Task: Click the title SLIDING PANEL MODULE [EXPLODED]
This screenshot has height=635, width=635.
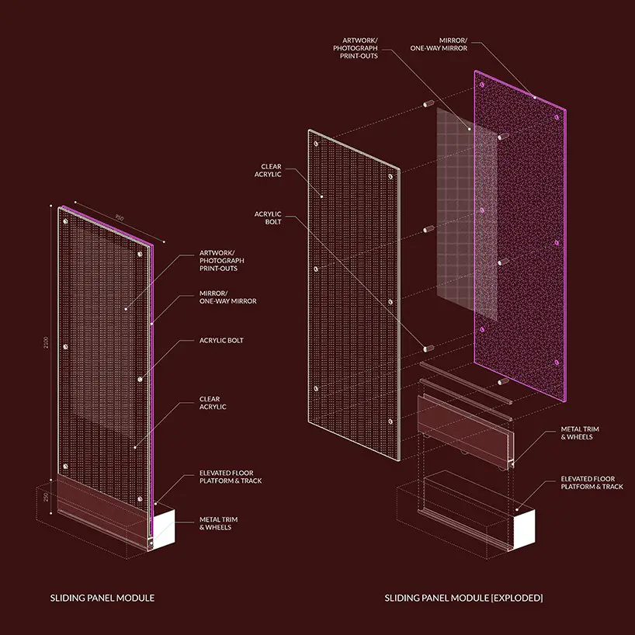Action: click(463, 598)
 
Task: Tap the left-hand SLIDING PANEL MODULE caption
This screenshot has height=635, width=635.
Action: click(102, 598)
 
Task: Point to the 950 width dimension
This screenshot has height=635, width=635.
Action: click(120, 218)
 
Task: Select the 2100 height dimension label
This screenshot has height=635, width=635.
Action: click(46, 342)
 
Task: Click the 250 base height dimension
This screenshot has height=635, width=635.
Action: click(46, 497)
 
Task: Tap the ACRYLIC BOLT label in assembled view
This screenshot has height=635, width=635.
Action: click(221, 341)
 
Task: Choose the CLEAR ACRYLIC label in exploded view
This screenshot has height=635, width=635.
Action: click(268, 171)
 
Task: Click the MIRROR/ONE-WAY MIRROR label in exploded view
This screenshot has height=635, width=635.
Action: click(439, 44)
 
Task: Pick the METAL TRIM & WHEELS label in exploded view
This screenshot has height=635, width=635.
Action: click(580, 433)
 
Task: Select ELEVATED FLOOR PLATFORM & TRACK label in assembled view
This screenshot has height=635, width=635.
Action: click(231, 477)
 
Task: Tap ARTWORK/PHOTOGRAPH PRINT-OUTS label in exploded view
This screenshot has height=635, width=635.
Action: click(356, 48)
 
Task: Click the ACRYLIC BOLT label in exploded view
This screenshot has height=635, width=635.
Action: click(268, 218)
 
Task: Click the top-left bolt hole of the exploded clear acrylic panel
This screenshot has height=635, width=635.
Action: click(316, 144)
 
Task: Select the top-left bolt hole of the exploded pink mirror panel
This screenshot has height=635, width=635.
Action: click(482, 85)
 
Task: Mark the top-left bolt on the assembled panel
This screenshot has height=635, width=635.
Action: click(65, 221)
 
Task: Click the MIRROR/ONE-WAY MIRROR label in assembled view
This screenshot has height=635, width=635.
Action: click(228, 297)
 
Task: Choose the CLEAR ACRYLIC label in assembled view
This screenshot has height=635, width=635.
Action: click(213, 403)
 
